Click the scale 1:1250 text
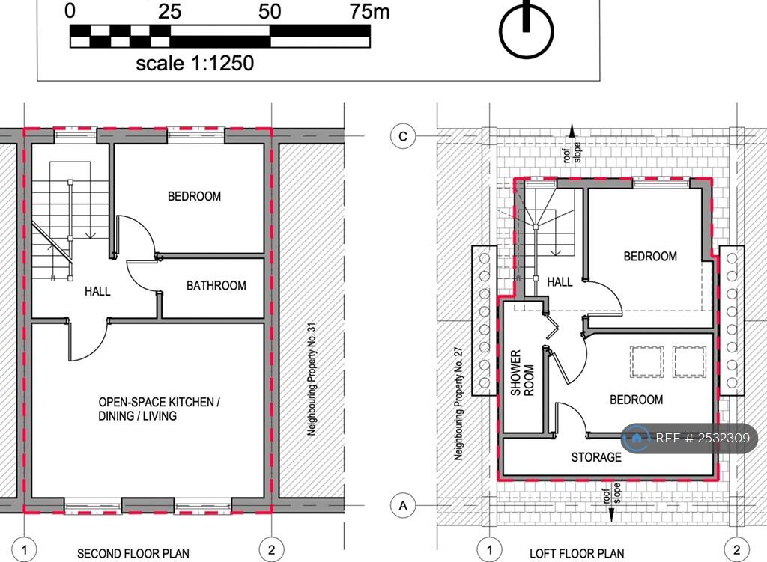coord(194,63)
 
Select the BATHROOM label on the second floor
coord(216,286)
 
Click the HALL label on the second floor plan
coord(97,290)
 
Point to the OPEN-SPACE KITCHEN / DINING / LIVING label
coord(158,409)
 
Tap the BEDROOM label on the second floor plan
coord(194,197)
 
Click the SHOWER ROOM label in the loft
coord(521,373)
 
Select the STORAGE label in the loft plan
coord(596,457)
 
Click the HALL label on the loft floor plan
coord(560,282)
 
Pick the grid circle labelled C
coord(404,136)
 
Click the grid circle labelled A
coord(404,506)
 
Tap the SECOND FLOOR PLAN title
coord(133,554)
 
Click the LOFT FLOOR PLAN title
coord(577,554)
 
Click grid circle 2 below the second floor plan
coord(272,550)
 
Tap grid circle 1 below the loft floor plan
coord(490,550)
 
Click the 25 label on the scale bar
coord(170,11)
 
